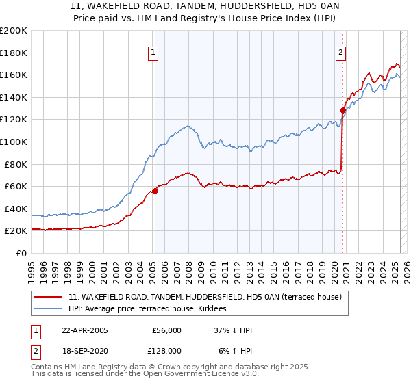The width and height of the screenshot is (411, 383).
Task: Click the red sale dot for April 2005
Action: click(x=155, y=191)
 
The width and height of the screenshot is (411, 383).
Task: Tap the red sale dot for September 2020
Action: click(x=342, y=110)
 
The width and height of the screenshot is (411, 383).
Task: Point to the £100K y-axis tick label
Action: click(x=14, y=142)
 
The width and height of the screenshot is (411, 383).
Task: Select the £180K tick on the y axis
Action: click(x=14, y=53)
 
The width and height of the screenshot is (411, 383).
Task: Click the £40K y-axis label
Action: click(x=16, y=209)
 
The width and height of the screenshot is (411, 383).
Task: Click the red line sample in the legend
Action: click(x=49, y=297)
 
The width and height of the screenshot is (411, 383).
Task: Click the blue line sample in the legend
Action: click(x=49, y=308)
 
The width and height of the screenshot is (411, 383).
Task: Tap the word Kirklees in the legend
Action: click(x=219, y=308)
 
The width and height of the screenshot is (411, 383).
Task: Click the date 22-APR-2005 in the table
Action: click(x=84, y=331)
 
